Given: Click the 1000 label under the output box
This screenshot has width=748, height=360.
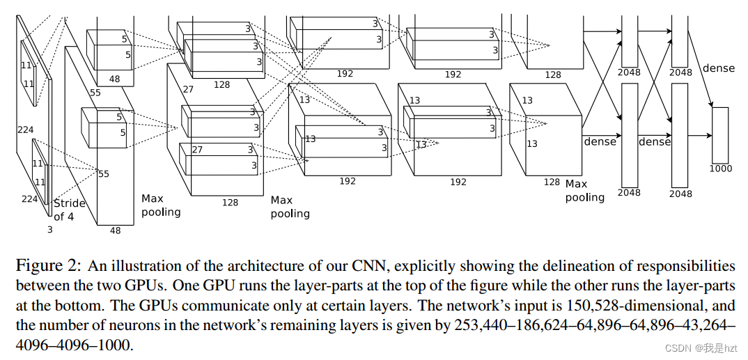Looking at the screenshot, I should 721,169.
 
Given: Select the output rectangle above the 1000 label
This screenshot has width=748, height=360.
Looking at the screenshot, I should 720,135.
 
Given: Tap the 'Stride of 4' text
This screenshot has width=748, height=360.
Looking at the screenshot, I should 70,210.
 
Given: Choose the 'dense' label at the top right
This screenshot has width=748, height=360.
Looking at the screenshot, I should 718,68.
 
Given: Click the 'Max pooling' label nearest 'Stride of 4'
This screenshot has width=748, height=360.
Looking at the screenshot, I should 161,205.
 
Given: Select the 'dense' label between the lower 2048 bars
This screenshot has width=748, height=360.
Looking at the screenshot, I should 655,141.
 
